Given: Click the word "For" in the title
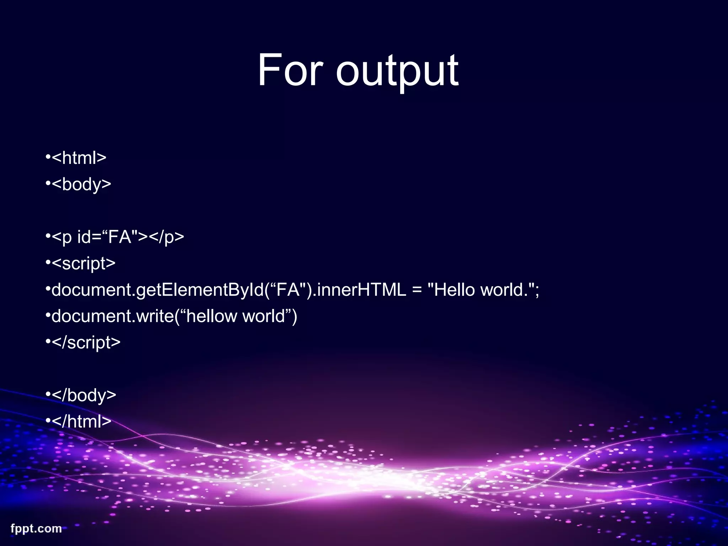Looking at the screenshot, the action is (290, 70).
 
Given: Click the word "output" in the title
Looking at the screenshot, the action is (397, 71).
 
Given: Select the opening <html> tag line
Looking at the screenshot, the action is (79, 158).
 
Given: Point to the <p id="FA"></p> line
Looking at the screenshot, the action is (118, 237).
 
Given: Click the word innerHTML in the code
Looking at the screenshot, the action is (361, 290).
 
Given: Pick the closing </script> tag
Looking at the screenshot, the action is (86, 343).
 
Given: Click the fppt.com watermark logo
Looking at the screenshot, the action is (36, 529).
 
